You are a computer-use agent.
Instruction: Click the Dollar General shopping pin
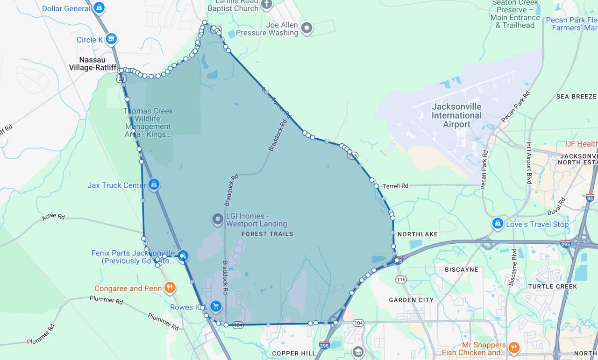pos(99,8)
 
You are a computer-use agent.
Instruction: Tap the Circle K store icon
pos(111,39)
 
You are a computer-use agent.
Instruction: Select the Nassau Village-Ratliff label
pos(93,64)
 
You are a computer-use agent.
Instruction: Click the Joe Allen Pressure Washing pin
pos(306,28)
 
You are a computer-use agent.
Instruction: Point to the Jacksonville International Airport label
pos(456,115)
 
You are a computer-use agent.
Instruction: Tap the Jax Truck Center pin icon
pos(154,185)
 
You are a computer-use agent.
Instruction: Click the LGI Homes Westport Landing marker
pos(218,219)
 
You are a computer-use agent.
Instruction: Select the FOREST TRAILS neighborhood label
pos(267,234)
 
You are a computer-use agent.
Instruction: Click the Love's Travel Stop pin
pos(498,223)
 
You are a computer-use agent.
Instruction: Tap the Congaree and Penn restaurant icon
pos(170,288)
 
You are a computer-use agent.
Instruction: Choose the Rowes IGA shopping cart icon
pos(215,306)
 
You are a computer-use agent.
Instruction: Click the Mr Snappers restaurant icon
pos(513,347)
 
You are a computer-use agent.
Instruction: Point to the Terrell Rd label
pos(395,186)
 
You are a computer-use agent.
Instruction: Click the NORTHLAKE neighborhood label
pos(417,234)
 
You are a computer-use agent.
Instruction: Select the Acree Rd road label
pos(53,216)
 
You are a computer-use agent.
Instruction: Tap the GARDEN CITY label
pos(411,300)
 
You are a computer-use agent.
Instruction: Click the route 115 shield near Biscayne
pos(400,279)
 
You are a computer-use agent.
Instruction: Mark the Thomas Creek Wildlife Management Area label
pos(148,122)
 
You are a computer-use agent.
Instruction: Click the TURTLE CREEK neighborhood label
pos(552,286)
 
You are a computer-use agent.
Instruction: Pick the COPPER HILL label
pos(294,353)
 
